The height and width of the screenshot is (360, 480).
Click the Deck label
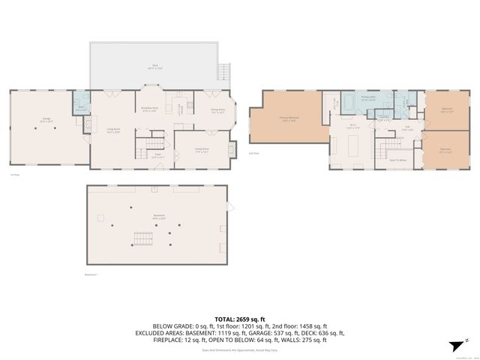tap(154, 67)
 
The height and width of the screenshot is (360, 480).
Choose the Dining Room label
tap(217, 110)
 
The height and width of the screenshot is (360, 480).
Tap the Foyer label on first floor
tap(159, 156)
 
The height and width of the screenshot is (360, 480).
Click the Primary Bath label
tap(368, 97)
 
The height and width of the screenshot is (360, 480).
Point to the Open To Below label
tap(398, 160)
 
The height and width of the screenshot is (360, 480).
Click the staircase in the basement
tap(142, 239)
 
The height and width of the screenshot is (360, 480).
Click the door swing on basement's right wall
tap(231, 206)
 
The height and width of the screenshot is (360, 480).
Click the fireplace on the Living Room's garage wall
tap(89, 129)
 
